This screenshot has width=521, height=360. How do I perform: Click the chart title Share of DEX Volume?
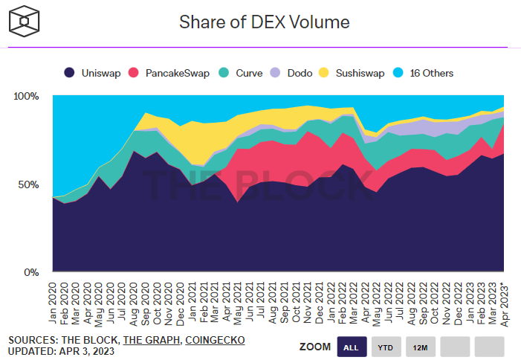coord(264,22)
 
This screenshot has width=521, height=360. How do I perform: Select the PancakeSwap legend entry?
coord(169,73)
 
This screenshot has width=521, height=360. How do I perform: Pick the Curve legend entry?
coord(244,73)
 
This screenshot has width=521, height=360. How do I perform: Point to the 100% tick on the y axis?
coord(26,97)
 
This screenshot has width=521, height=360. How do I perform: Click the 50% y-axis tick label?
coord(28,184)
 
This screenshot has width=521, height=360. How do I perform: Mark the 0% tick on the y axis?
coord(31,273)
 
